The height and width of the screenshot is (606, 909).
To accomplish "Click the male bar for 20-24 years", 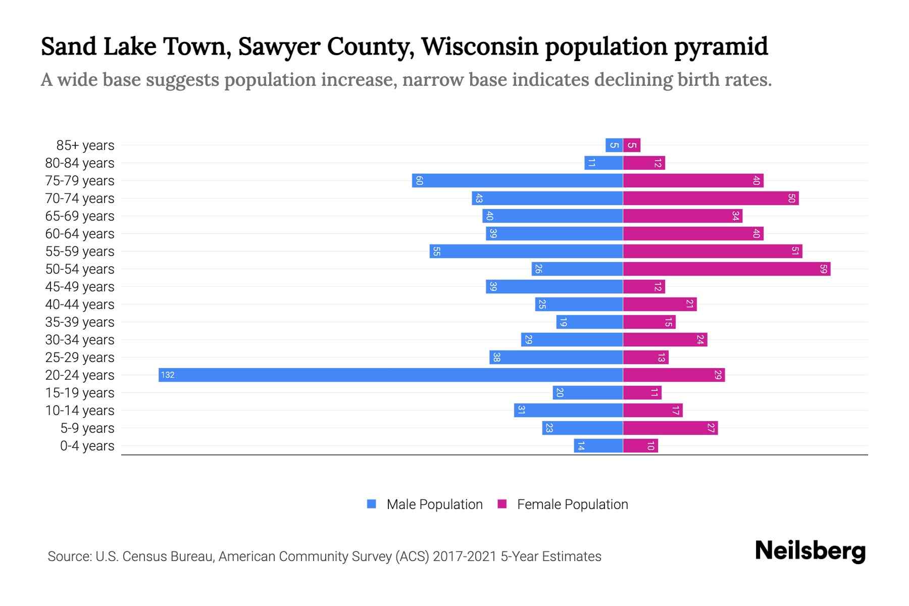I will point(390,375).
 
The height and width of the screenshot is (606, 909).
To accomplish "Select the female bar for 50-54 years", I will point(726,269).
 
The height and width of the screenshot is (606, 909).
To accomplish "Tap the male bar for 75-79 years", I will point(517,180).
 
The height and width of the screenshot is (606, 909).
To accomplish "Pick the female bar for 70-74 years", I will point(711,198).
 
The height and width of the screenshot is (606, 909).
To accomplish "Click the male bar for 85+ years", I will point(614,145).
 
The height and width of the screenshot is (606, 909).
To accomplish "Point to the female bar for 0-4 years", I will point(640,445).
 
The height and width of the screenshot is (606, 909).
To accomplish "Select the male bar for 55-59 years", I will point(526,251).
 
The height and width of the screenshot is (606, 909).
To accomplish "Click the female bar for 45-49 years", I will point(644,286).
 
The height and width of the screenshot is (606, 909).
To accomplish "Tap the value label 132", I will point(168,375).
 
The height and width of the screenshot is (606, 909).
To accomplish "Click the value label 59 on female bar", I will point(823,269).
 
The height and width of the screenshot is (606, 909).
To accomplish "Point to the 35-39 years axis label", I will point(80,322).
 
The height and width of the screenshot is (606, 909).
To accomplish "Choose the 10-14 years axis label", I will point(80,411).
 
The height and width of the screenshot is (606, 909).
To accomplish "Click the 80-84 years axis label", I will point(80,163).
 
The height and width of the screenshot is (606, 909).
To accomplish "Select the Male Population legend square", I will point(372,504).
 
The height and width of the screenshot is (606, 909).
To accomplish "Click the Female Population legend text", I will point(572,504).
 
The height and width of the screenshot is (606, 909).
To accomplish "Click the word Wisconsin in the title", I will point(480,46).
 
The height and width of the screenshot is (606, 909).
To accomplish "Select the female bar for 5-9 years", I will point(670,428).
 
